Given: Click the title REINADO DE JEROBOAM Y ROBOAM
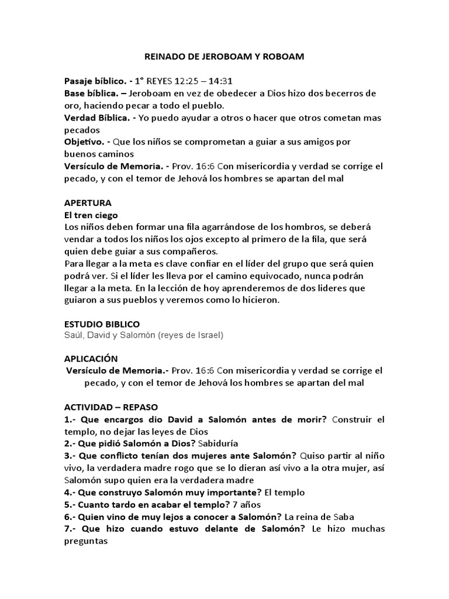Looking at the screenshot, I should tap(224, 57).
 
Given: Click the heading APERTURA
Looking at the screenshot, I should tap(88, 202).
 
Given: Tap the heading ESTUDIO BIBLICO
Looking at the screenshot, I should tap(102, 323).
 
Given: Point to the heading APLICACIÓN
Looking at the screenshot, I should tap(91, 359).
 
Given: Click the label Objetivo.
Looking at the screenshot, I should tap(85, 142).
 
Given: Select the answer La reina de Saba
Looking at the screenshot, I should tap(320, 517).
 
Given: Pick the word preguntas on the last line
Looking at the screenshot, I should tap(87, 541).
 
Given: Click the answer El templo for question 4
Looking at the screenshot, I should tap(285, 492).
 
